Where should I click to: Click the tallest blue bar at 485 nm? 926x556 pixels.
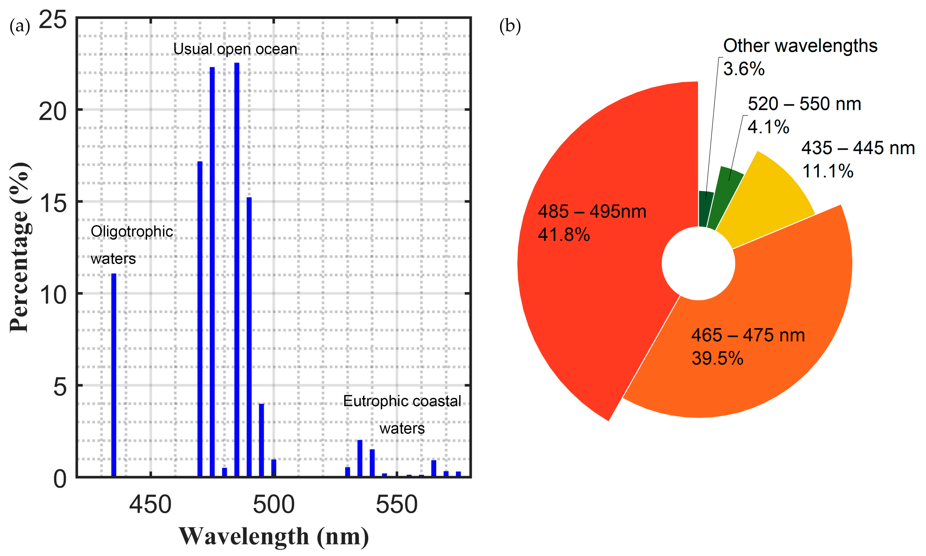coord(237,270)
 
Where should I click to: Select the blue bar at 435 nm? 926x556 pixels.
coord(114,375)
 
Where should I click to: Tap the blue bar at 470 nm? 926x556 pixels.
coord(200,319)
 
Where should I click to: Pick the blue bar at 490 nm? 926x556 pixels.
coord(249,337)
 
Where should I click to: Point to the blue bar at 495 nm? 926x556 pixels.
coord(261,440)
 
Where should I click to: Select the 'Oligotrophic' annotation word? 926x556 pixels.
coord(132,232)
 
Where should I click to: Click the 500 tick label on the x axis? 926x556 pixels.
coord(274,505)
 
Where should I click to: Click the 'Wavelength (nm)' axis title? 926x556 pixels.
coord(274,536)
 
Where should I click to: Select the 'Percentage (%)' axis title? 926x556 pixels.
coord(20,247)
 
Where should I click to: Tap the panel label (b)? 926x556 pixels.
coord(510,26)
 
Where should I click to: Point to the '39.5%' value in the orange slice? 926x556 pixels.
coord(717,358)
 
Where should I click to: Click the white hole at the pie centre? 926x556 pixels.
coord(699,263)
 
